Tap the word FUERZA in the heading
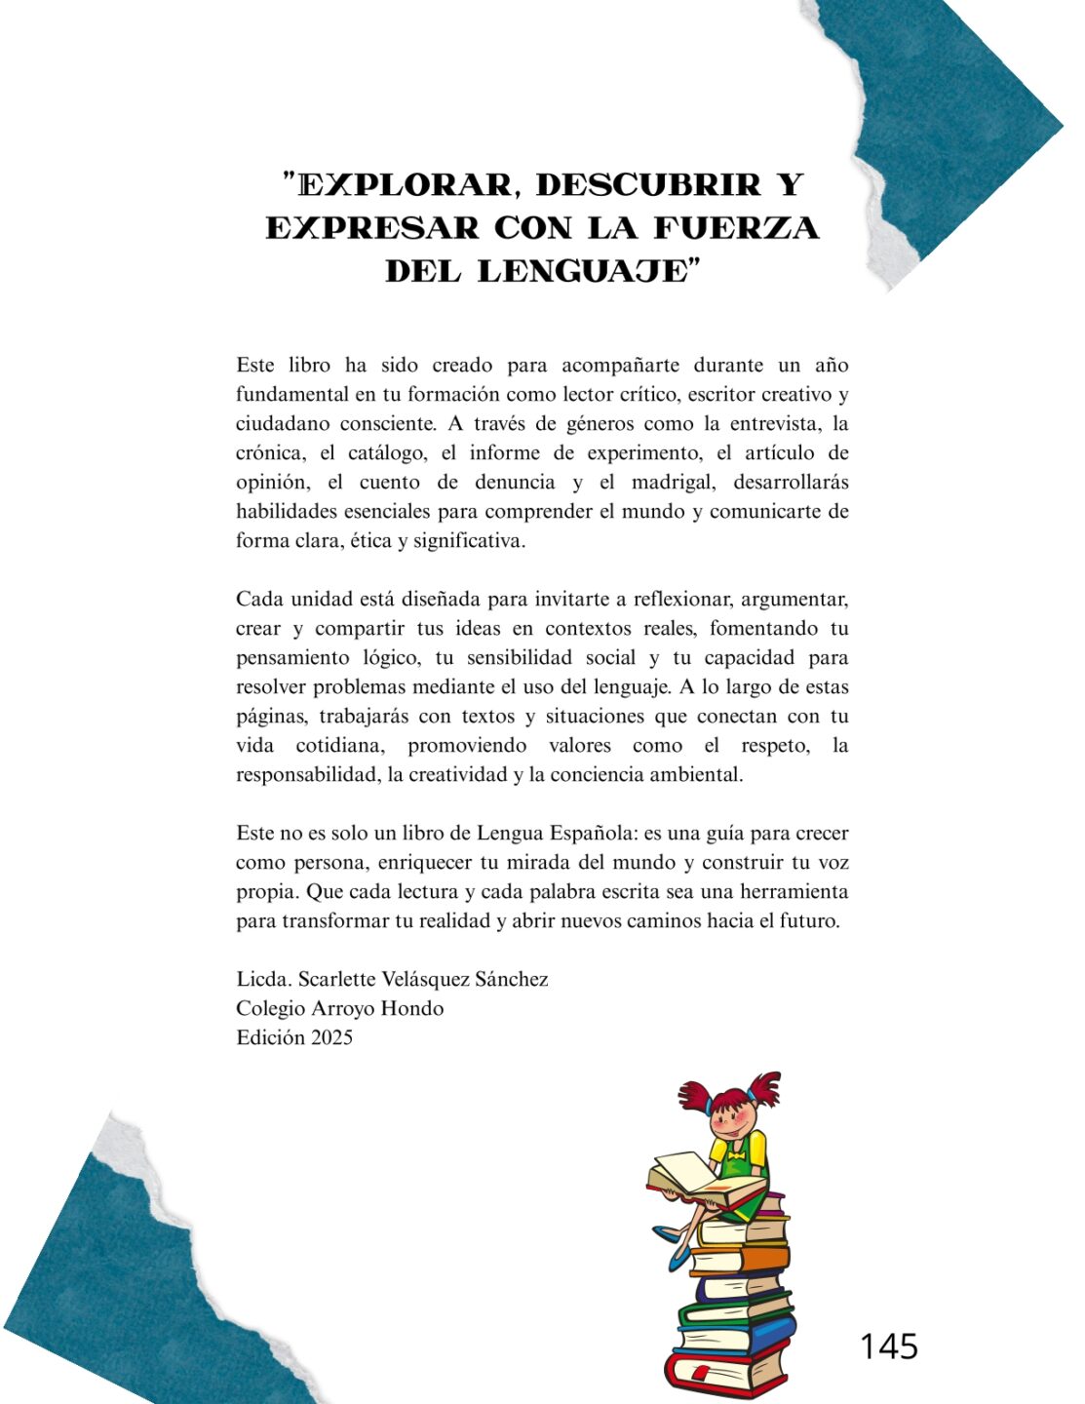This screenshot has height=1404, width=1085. [x=736, y=227]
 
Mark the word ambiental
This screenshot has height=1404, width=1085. [x=697, y=775]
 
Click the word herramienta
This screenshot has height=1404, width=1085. [x=794, y=892]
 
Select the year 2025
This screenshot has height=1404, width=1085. [x=331, y=1037]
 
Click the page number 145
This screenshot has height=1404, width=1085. [x=888, y=1346]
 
